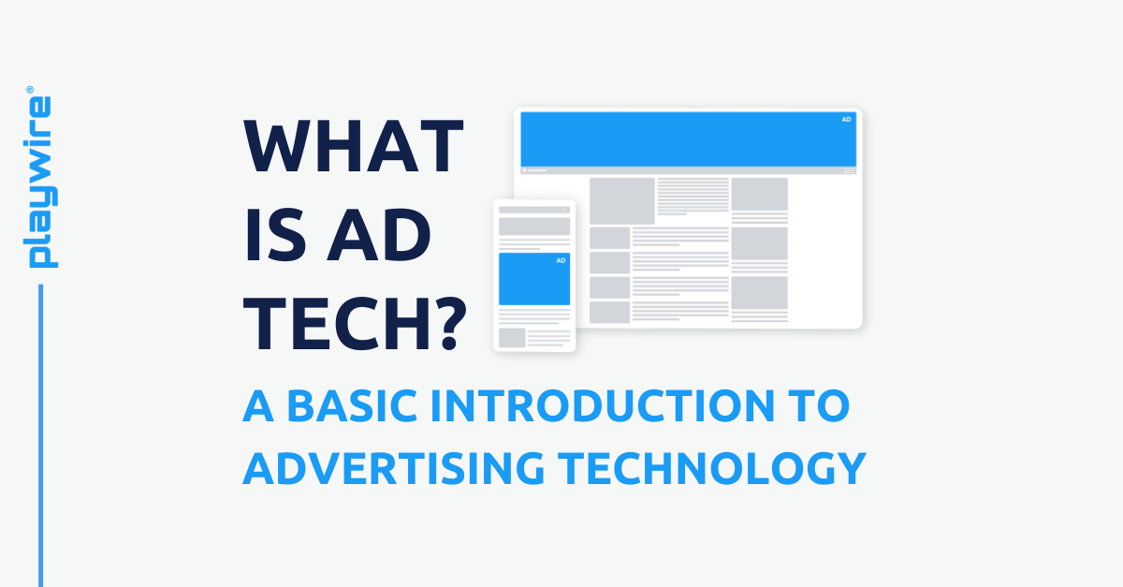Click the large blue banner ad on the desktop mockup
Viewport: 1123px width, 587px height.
click(x=688, y=139)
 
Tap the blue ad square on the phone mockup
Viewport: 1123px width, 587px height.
click(x=533, y=279)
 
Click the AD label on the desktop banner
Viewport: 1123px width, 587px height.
click(x=846, y=120)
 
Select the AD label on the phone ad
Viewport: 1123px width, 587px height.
click(x=561, y=260)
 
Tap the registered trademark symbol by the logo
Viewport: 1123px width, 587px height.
click(x=29, y=90)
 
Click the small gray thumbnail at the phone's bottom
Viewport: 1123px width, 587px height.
click(x=511, y=337)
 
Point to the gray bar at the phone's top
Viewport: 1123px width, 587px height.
click(x=533, y=210)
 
